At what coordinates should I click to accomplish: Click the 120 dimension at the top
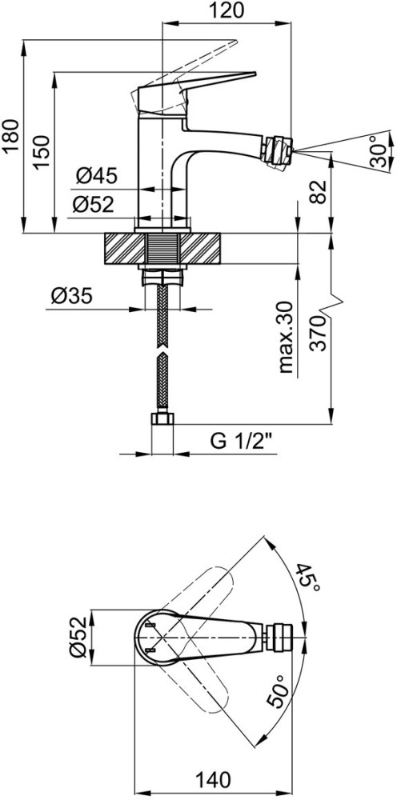(226, 10)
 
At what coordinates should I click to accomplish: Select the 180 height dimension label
(10, 136)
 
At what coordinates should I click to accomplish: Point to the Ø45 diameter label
(97, 177)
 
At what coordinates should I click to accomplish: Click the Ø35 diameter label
(72, 296)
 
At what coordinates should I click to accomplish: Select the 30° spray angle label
(379, 151)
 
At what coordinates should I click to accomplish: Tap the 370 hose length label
(318, 334)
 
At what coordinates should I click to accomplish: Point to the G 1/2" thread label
(243, 442)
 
